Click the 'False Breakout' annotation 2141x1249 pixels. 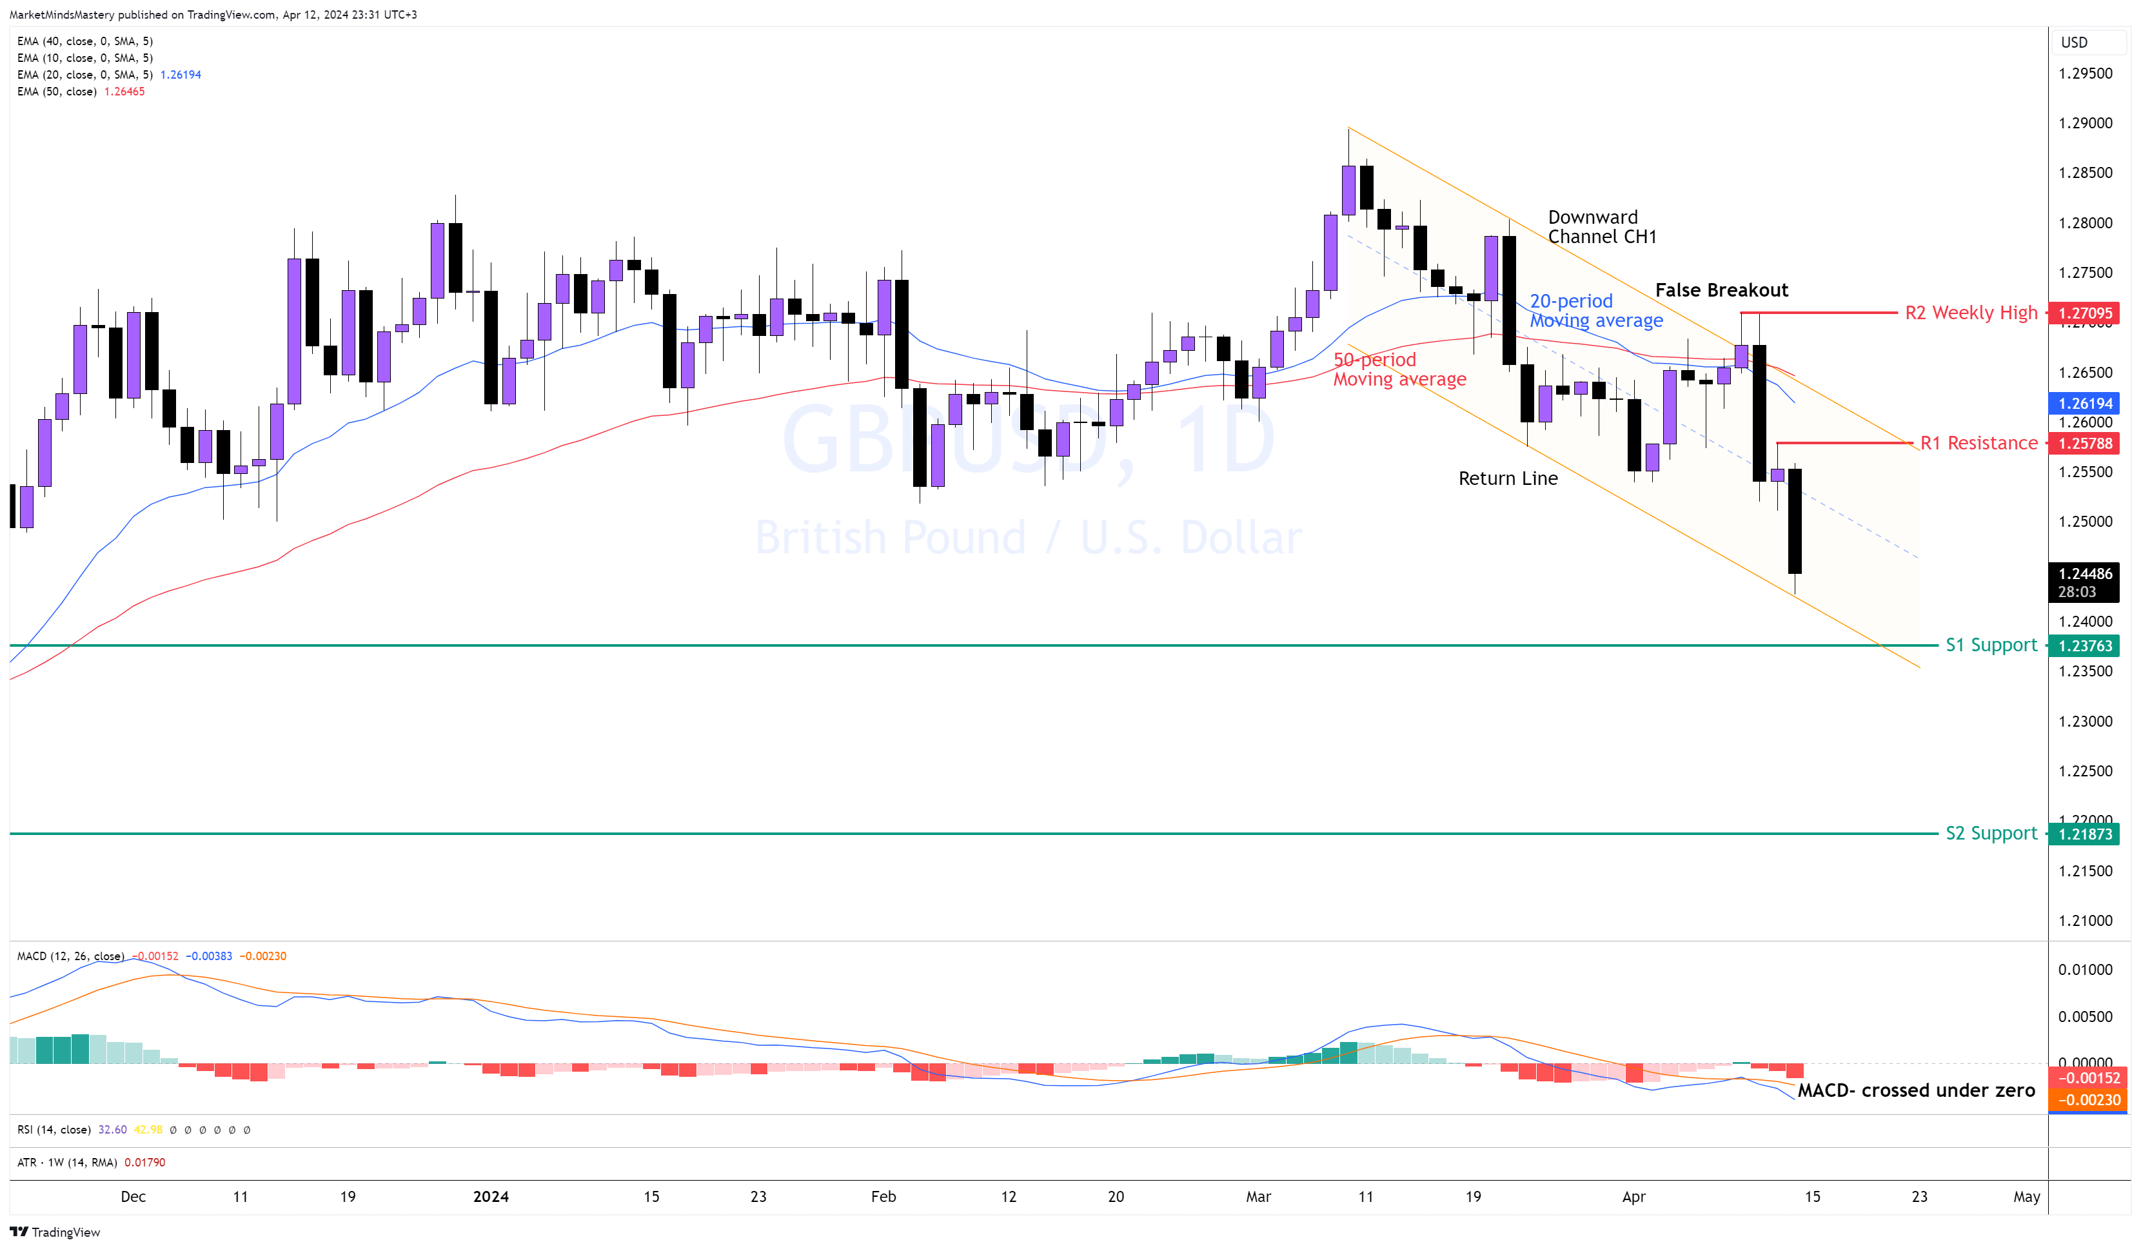[1721, 291]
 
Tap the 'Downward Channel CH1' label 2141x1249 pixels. [1601, 227]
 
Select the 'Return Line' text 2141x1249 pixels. [1507, 479]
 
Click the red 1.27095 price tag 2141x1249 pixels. [2084, 313]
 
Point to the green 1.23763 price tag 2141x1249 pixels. [2084, 645]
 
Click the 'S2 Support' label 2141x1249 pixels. [1991, 834]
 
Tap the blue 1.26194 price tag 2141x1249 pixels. [2084, 404]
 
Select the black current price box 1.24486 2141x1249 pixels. [2084, 582]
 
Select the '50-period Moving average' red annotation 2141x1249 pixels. [1399, 369]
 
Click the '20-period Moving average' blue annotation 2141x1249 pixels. [1595, 311]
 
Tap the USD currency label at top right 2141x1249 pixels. [2074, 43]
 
